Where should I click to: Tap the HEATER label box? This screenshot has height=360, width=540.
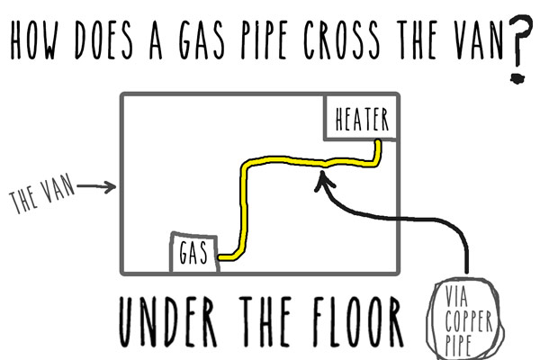tap(361, 119)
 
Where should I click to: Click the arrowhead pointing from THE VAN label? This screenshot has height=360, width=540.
tap(112, 188)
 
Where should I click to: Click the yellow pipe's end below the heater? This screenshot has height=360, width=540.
tap(381, 143)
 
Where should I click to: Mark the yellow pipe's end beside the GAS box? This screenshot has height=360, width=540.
tap(220, 257)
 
